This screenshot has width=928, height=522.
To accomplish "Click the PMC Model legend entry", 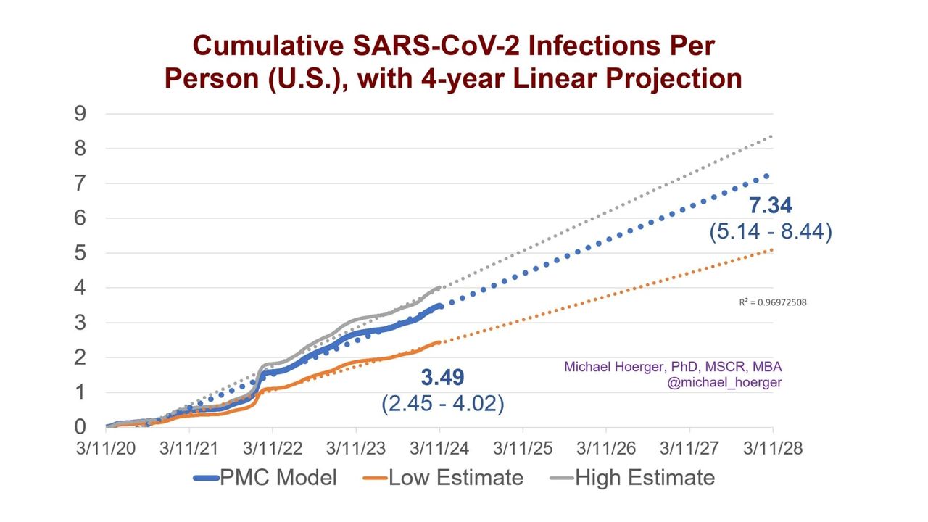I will tap(265, 478).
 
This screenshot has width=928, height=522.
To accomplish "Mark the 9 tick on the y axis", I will tap(80, 114).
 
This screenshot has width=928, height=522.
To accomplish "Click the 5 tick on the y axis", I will tap(80, 253).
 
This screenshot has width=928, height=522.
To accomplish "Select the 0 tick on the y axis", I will tap(80, 427).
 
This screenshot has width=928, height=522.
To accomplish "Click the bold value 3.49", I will tap(443, 377).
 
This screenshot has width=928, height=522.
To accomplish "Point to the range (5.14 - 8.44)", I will tap(769, 232).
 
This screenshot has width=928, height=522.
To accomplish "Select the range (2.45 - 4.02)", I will tap(443, 402).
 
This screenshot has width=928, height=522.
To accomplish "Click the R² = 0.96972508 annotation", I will tap(772, 303).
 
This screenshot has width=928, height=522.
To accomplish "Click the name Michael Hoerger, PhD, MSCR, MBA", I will tap(673, 367).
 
